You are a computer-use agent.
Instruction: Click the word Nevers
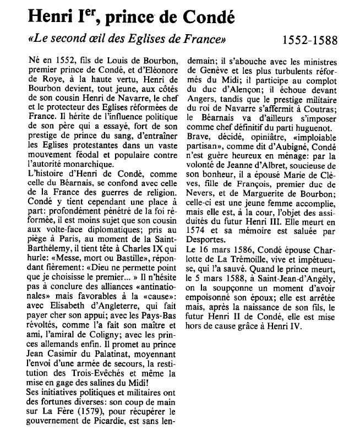pyautogui.click(x=202, y=193)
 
